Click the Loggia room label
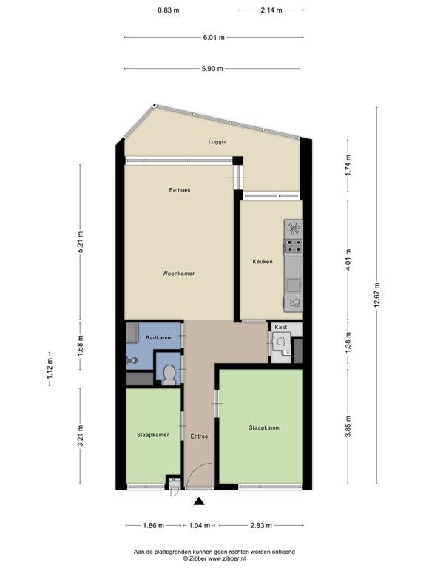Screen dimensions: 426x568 pyautogui.click(x=217, y=142)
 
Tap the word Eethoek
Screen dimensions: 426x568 pyautogui.click(x=180, y=190)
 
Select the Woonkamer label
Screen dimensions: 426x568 pyautogui.click(x=178, y=274)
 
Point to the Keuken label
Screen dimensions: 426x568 pyautogui.click(x=263, y=261)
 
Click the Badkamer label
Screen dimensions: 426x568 pyautogui.click(x=159, y=337)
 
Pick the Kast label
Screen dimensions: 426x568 pyautogui.click(x=281, y=327)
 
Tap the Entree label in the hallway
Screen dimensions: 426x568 pyautogui.click(x=199, y=436)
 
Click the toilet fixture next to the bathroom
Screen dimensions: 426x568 pyautogui.click(x=169, y=375)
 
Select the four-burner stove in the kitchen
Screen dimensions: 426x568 pyautogui.click(x=294, y=246)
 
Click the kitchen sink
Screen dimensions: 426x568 pyautogui.click(x=294, y=285)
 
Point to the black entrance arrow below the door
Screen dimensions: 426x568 pyautogui.click(x=199, y=501)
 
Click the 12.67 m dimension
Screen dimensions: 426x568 pyautogui.click(x=376, y=296)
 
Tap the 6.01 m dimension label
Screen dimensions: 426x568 pyautogui.click(x=214, y=37)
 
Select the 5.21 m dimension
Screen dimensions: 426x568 pyautogui.click(x=81, y=242)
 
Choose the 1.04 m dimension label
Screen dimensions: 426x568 pyautogui.click(x=200, y=525)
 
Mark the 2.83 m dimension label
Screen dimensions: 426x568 pyautogui.click(x=261, y=525)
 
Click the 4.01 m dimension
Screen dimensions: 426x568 pyautogui.click(x=348, y=260)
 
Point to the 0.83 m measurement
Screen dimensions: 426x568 pyautogui.click(x=169, y=10)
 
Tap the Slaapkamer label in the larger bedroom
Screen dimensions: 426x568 pyautogui.click(x=265, y=427)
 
